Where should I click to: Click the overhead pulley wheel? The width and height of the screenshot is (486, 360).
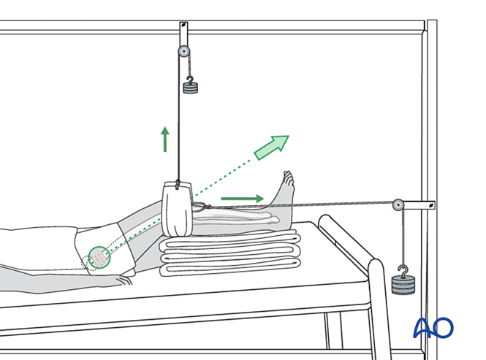pos(184,51)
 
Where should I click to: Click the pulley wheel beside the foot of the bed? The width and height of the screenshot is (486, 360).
pos(398,204)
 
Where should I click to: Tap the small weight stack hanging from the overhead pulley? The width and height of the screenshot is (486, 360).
pos(190,88)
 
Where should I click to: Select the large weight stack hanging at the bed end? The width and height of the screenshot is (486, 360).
pos(403,285)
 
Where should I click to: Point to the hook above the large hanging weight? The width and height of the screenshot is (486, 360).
pos(403,272)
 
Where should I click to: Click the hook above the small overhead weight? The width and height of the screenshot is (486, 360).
pos(190,80)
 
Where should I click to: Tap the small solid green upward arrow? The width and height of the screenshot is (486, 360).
pos(165,139)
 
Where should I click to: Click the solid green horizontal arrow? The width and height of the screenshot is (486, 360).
pos(243,199)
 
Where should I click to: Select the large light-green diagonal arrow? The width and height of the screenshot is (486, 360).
pos(271,148)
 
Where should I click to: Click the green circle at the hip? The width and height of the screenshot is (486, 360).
pos(99,258)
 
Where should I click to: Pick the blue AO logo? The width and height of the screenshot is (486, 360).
pos(433,328)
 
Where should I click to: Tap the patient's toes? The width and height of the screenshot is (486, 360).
pos(288,178)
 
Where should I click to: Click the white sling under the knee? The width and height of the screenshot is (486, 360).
pos(178,210)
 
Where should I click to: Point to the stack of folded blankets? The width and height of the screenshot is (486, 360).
pos(230,253)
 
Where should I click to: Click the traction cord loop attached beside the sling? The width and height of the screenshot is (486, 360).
pos(202,207)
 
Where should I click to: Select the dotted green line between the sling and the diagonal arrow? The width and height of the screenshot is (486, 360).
pos(221,179)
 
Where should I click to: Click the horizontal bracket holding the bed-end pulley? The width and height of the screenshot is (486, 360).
pos(419,204)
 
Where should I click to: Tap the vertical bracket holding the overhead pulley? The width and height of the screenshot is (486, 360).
pos(183,34)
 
